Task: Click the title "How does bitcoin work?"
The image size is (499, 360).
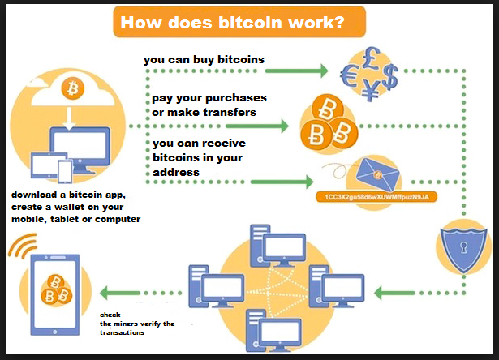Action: [232, 23]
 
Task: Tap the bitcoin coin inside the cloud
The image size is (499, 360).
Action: [73, 88]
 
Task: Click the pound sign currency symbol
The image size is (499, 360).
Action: [372, 58]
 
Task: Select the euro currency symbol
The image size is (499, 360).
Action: [349, 75]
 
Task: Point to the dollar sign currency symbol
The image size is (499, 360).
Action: [389, 77]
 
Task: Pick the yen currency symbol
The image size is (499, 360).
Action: [371, 90]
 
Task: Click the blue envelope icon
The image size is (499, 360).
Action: [378, 174]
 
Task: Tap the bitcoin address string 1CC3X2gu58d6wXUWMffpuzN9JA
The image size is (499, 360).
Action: [376, 197]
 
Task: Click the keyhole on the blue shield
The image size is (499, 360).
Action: [463, 247]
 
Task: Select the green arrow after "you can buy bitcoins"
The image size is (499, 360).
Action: [297, 71]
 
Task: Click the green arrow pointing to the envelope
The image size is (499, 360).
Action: [282, 182]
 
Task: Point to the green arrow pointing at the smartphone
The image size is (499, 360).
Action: [120, 293]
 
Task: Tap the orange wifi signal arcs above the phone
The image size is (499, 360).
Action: [22, 245]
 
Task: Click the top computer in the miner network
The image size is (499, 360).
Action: [277, 246]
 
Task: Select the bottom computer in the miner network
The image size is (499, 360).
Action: [273, 331]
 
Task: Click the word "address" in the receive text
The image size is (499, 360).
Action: [176, 173]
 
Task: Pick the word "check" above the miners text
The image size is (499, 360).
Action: [110, 315]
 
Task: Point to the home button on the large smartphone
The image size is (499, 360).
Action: [55, 332]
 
